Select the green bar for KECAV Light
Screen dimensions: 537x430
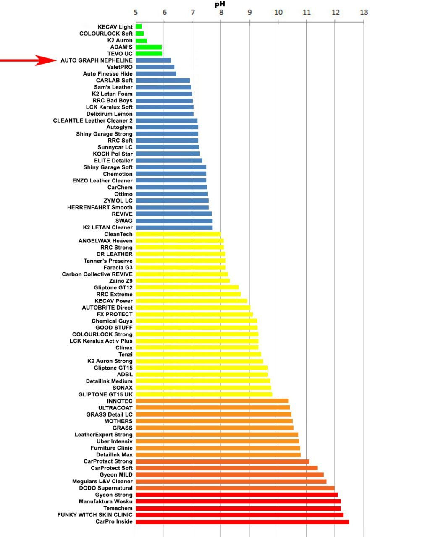coord(139,27)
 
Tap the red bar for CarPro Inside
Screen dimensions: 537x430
coord(242,522)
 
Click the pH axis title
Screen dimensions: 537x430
coord(220,4)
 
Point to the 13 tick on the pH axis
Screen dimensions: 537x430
coord(364,12)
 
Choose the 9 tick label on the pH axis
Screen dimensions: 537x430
coord(250,12)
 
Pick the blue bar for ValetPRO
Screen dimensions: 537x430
coord(155,67)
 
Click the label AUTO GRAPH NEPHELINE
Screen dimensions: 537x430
coord(97,60)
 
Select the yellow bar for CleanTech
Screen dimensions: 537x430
coord(178,234)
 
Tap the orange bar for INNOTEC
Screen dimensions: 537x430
coord(212,401)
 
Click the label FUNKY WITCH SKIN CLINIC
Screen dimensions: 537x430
coord(95,515)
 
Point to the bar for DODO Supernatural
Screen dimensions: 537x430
coord(235,488)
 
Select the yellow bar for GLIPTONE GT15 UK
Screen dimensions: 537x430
coord(204,394)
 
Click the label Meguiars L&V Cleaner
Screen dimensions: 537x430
coord(102,482)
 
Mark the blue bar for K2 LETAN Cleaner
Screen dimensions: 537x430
coord(174,227)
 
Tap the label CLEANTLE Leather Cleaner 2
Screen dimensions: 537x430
coord(93,120)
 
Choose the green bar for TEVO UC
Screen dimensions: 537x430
coord(149,54)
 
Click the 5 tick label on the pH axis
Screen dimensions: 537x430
coord(136,12)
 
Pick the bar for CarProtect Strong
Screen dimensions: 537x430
coord(223,461)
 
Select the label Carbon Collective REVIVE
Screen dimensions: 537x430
coord(97,274)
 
